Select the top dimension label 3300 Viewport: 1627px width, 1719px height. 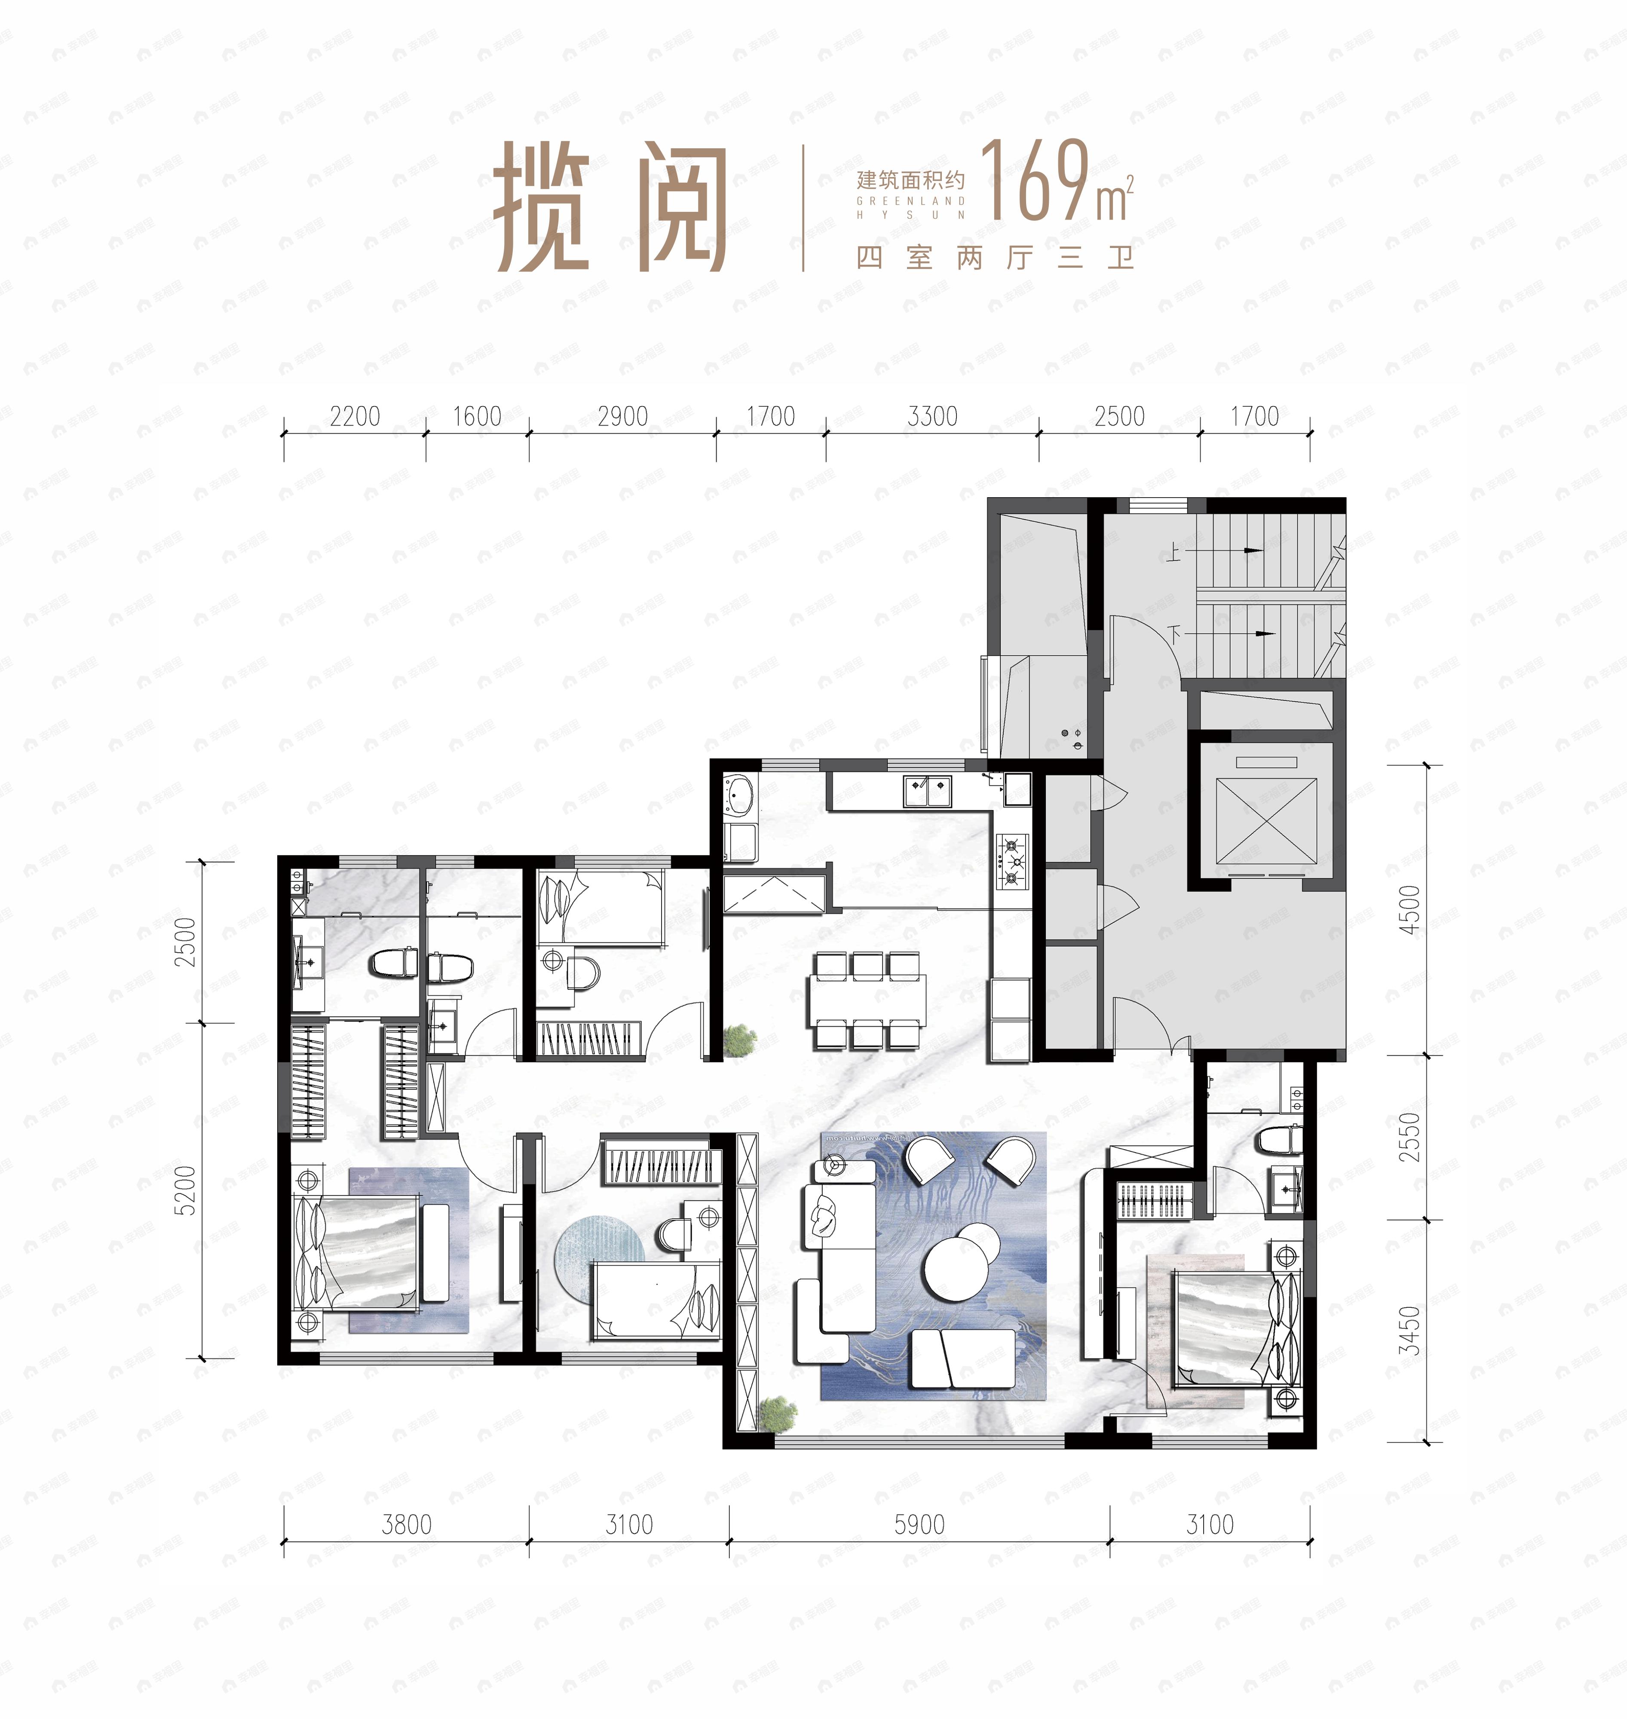(x=932, y=417)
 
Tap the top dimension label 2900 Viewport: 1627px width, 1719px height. (x=623, y=417)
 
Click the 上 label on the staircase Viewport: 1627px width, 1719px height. (x=1174, y=552)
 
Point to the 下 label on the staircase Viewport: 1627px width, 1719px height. (x=1175, y=635)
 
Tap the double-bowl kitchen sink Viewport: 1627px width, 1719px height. (x=927, y=790)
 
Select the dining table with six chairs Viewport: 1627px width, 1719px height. (x=867, y=1001)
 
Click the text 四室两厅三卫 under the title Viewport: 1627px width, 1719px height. (x=995, y=257)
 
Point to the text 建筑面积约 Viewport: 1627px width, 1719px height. (x=910, y=180)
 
